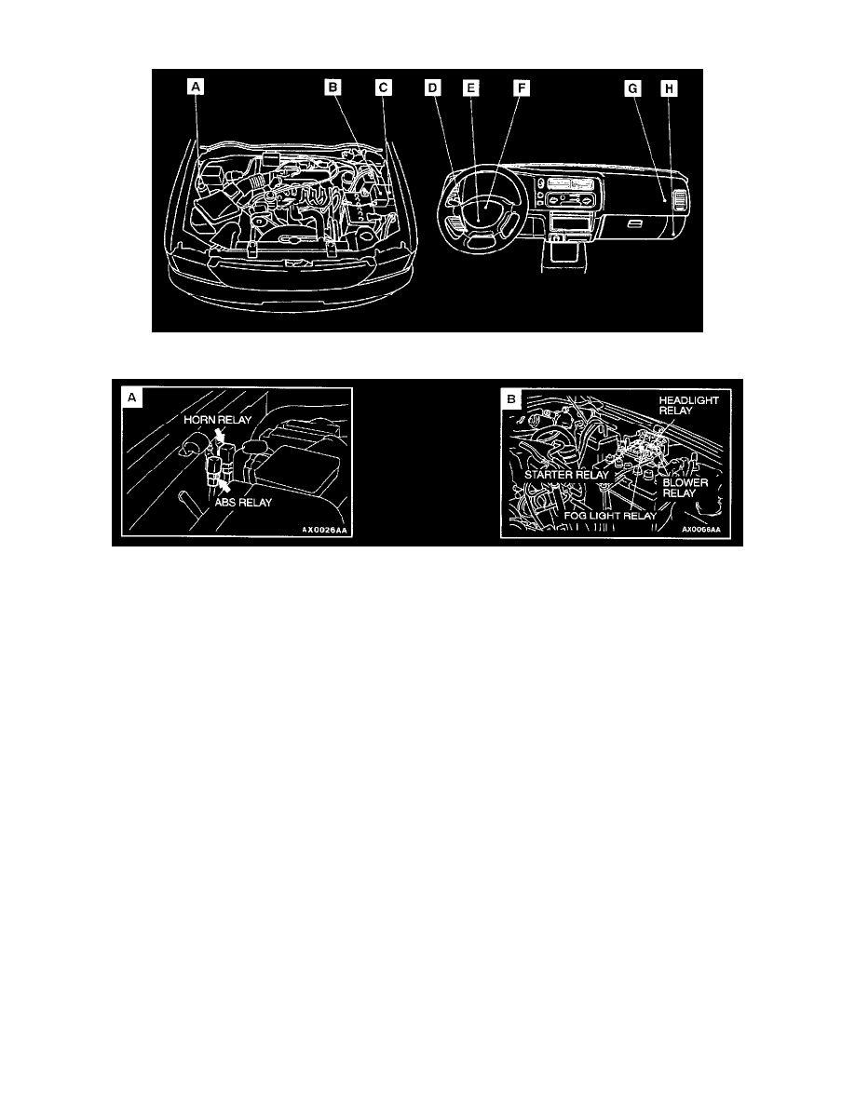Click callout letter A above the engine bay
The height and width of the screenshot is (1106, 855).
(x=196, y=88)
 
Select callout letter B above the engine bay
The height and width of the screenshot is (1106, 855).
(x=333, y=88)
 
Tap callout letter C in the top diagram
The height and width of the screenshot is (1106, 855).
(x=384, y=88)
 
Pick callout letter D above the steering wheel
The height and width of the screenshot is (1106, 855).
(x=432, y=88)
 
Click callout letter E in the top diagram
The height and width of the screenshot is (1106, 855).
(x=471, y=88)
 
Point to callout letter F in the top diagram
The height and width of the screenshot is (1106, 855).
(x=522, y=88)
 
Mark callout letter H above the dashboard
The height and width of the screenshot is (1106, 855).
(x=668, y=88)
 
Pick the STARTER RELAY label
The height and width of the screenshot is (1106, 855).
(x=556, y=474)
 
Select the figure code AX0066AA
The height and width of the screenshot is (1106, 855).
(x=701, y=528)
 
